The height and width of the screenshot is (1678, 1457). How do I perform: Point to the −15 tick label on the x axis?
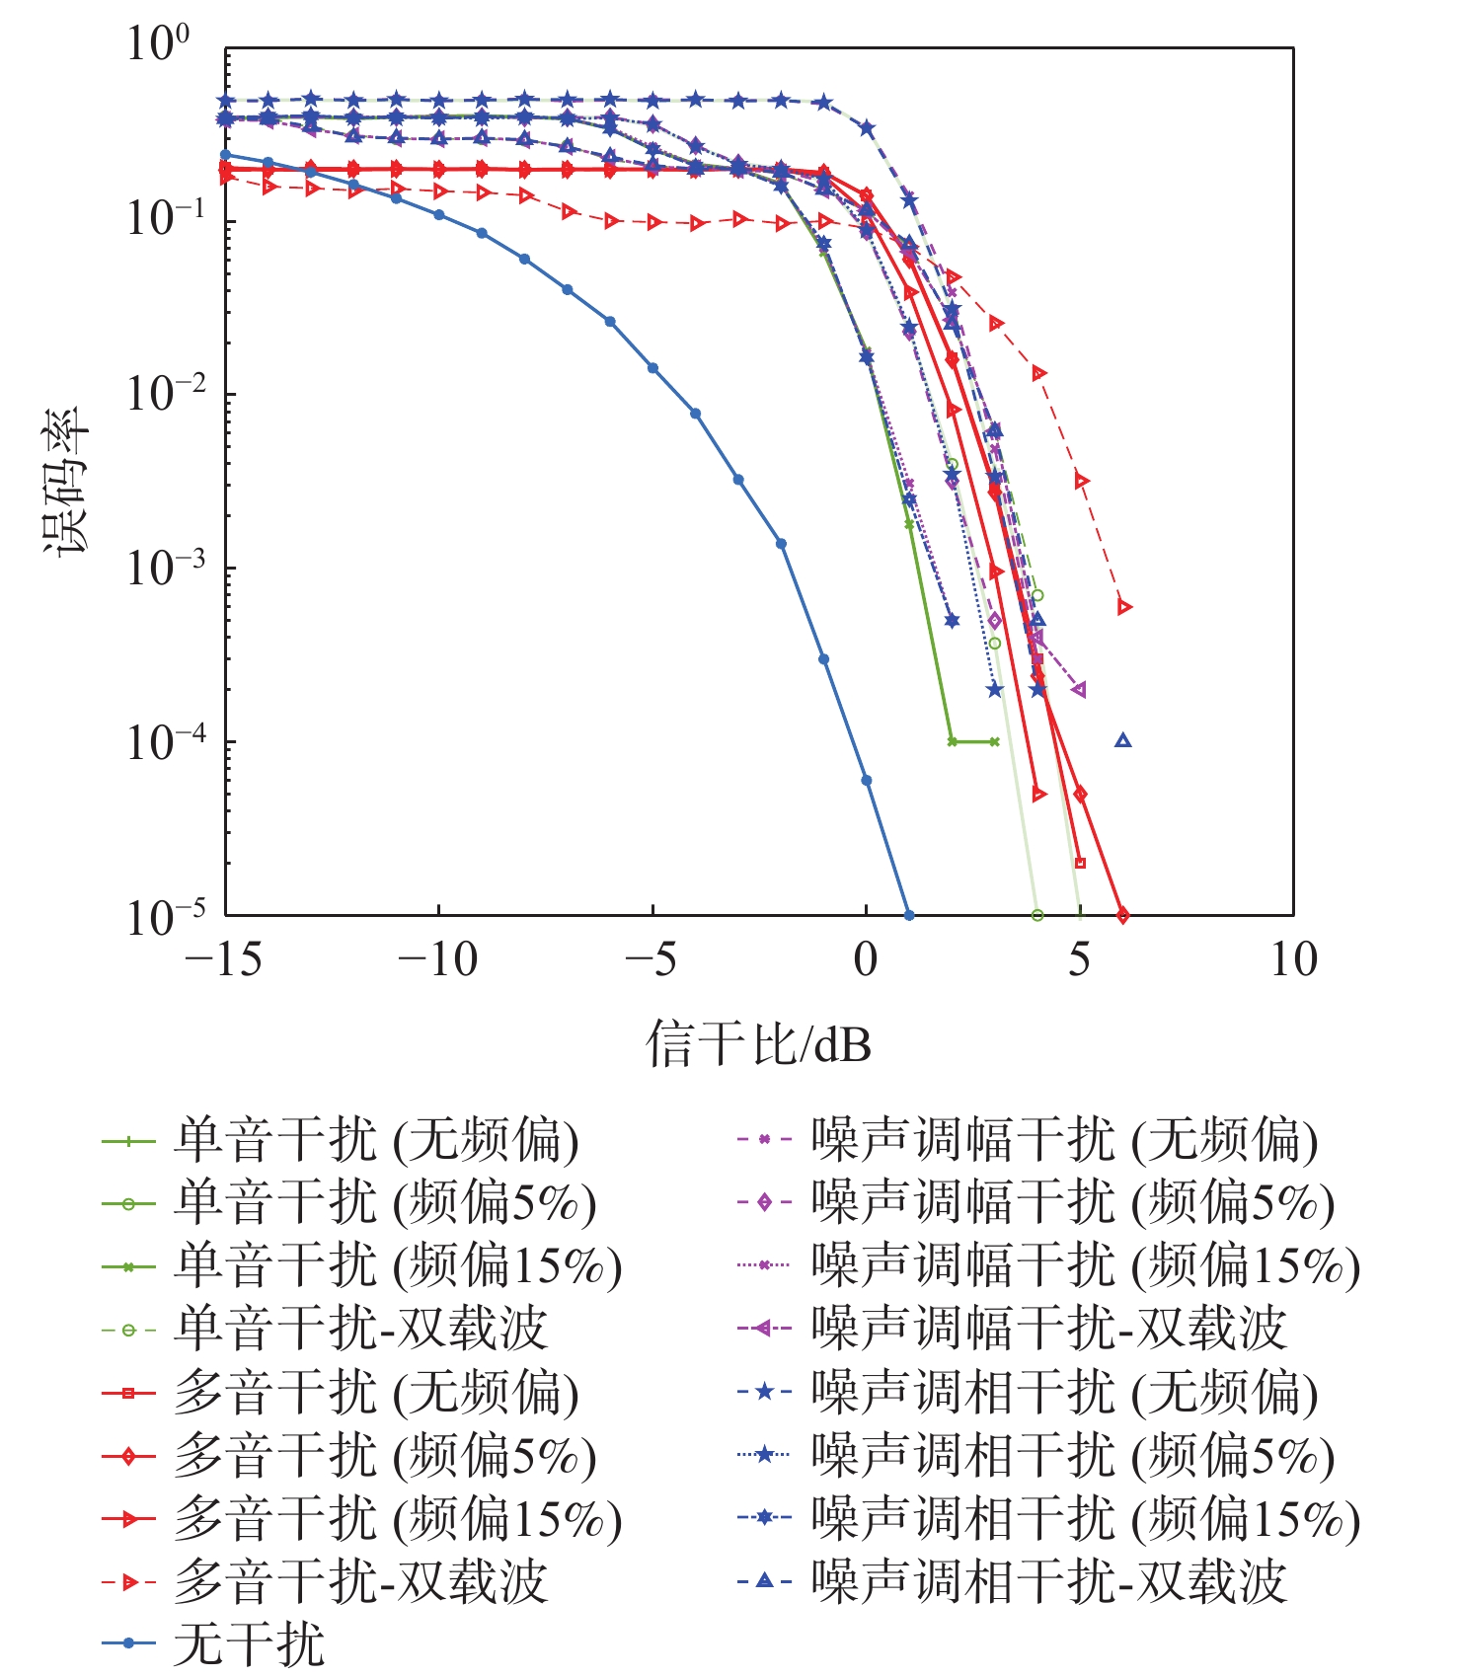click(x=224, y=959)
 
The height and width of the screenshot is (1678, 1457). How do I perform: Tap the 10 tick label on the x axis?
click(x=1292, y=959)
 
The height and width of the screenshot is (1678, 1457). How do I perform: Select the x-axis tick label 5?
click(x=1079, y=959)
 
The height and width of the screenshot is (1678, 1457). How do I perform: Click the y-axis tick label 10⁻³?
click(x=166, y=568)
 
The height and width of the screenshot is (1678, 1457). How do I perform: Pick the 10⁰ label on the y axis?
click(x=158, y=44)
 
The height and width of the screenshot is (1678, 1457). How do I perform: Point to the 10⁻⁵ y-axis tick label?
click(x=166, y=916)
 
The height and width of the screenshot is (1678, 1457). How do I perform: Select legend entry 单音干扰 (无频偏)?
click(x=376, y=1141)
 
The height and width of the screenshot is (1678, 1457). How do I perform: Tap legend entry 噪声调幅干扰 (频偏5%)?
click(x=1072, y=1203)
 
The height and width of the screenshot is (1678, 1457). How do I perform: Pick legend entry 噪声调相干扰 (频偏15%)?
click(x=1085, y=1519)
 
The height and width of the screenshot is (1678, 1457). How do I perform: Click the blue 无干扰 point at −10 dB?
click(x=438, y=214)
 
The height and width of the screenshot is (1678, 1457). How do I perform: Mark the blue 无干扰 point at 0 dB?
click(x=867, y=780)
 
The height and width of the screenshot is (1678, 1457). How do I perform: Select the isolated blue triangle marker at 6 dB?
click(x=1122, y=740)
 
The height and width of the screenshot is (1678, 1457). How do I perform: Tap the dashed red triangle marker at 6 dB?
click(x=1123, y=607)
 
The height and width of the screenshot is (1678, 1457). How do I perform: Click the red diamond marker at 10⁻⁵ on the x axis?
click(x=1122, y=915)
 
